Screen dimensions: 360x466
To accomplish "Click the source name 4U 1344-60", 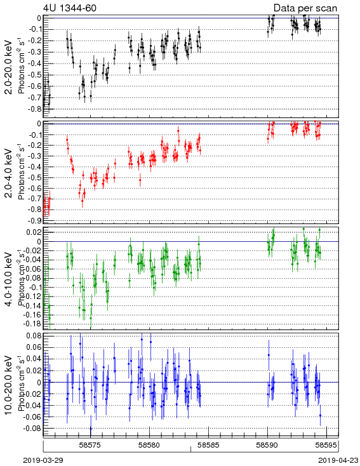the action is tap(70, 8).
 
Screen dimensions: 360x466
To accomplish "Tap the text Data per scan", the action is tap(305, 8).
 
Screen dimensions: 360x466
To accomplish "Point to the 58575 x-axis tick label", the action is tap(91, 445).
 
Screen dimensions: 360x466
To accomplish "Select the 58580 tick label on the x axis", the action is tap(150, 445).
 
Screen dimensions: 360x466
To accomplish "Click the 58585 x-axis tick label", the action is tap(209, 445).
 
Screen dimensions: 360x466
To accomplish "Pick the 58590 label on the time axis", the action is tap(268, 445).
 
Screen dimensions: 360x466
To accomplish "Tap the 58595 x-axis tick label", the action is tap(326, 445).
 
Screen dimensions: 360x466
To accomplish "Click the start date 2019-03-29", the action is tap(43, 460).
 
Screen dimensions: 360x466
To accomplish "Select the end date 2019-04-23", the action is tap(338, 460).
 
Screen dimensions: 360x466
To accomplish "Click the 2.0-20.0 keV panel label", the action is tap(9, 67).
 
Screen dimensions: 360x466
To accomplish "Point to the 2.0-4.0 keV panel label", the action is tap(9, 173).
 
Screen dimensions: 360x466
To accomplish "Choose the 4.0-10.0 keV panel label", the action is tap(9, 279).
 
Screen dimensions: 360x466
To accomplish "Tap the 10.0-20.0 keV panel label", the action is tap(9, 385).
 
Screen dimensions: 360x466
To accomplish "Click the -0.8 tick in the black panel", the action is tap(34, 109).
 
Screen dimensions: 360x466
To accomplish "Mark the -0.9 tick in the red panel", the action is tap(34, 220).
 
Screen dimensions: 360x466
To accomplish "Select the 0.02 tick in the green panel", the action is tap(34, 232).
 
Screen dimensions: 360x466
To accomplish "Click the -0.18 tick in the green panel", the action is tap(32, 324).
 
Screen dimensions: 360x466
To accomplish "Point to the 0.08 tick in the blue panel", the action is tap(34, 336).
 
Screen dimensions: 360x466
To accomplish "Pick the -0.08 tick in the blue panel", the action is tap(32, 429).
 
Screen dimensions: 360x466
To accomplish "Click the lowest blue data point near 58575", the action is tap(91, 429).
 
